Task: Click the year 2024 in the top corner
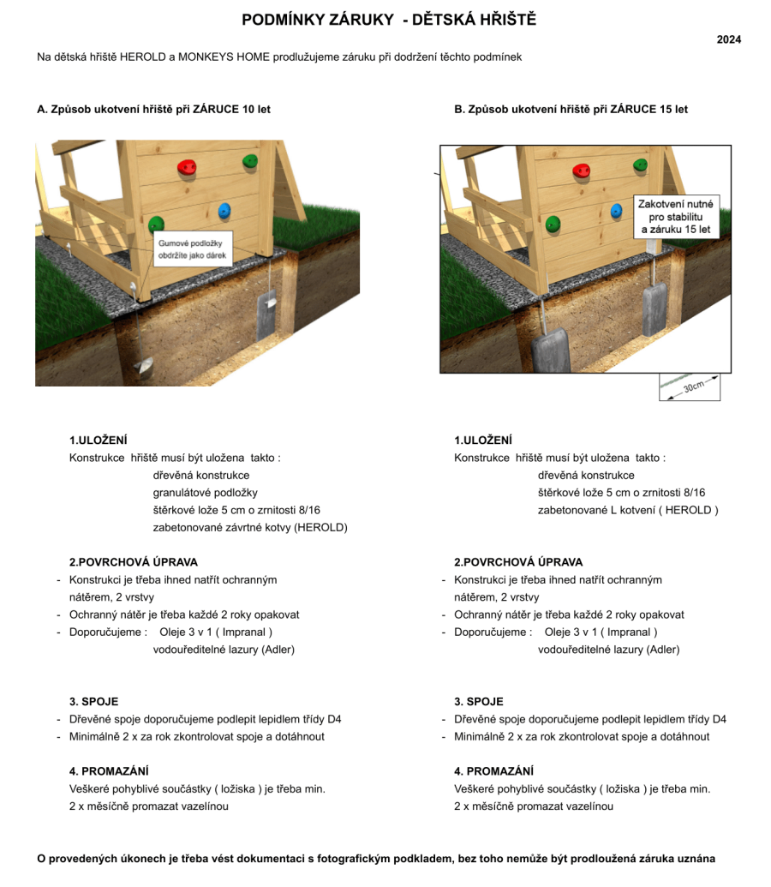(x=729, y=39)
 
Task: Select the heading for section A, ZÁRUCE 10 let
(x=154, y=110)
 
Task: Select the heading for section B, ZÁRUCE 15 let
(x=571, y=110)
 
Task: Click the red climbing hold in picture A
(x=186, y=170)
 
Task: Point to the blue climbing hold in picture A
(x=224, y=211)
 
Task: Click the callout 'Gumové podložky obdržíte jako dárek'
(x=193, y=249)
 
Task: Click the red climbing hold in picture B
(x=584, y=172)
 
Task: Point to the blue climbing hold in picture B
(x=616, y=210)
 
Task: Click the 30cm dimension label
(x=693, y=387)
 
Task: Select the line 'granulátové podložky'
(x=205, y=493)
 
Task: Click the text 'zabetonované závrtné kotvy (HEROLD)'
(x=250, y=528)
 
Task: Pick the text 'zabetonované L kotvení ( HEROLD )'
(x=628, y=510)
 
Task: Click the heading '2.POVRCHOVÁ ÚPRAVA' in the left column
(x=134, y=562)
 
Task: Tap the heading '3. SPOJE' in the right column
(x=479, y=701)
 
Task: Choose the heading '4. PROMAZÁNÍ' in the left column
(x=109, y=771)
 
